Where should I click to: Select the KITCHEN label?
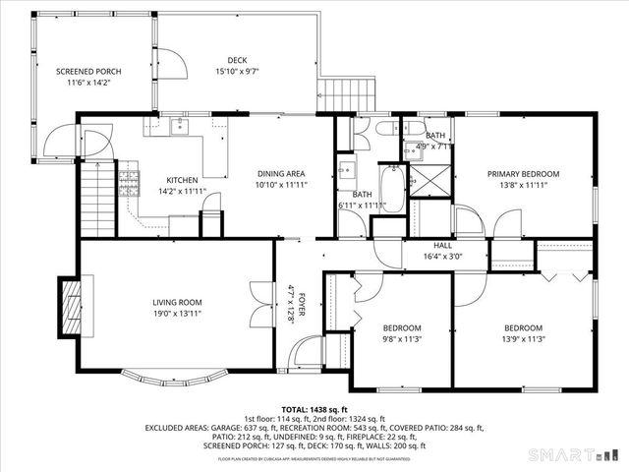point(182,180)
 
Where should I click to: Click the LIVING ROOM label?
point(177,303)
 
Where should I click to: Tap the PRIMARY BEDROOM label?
point(523,174)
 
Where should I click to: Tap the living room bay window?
point(177,376)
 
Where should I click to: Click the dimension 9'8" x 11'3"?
point(402,340)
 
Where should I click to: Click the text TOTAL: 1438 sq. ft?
point(314,409)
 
